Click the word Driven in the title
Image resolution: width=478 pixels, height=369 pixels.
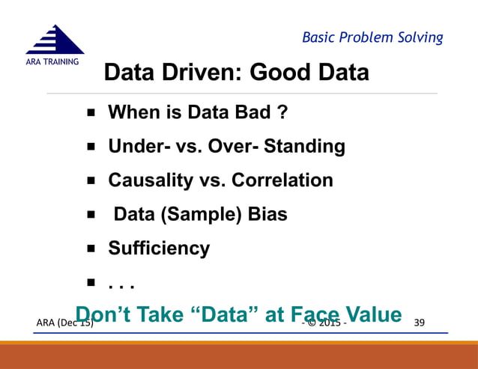[x=202, y=73]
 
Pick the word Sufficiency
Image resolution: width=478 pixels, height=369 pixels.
[x=159, y=248]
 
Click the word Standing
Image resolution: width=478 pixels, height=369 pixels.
[x=310, y=147]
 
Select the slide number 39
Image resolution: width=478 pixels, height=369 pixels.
[x=420, y=323]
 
